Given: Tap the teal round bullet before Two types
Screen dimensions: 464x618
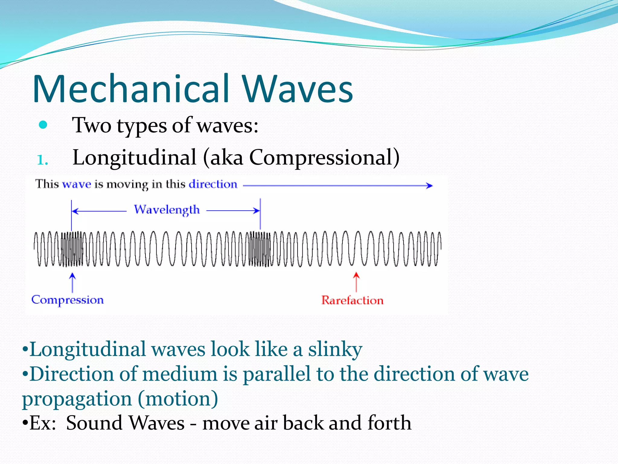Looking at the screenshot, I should (x=43, y=125).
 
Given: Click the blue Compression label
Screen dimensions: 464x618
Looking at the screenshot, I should (x=68, y=300).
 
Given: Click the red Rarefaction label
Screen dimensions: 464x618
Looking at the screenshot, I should (x=352, y=300).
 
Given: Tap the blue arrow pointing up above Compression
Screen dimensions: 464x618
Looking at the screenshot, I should (x=72, y=282).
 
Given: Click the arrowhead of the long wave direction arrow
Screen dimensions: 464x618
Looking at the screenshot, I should (x=430, y=185).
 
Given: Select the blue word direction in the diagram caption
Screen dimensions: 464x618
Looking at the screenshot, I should (x=213, y=184).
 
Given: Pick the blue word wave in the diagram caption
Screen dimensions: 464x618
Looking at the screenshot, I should (x=76, y=184).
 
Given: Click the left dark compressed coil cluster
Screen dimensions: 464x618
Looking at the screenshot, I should (x=72, y=249).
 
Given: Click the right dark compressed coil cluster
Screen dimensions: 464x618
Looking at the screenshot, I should (x=260, y=249).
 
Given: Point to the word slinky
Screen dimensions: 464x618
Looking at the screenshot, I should (x=335, y=350).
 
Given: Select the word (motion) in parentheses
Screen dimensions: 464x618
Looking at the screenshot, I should (x=178, y=399).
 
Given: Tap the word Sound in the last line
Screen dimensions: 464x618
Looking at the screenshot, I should (x=94, y=423).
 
